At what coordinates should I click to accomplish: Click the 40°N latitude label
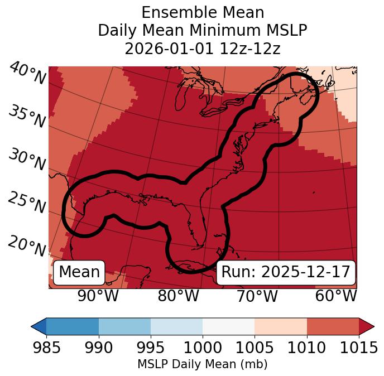pyautogui.click(x=27, y=74)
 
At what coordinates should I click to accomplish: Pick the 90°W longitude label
pyautogui.click(x=98, y=296)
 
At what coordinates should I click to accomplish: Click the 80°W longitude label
pyautogui.click(x=178, y=296)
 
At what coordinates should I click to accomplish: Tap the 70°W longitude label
pyautogui.click(x=257, y=296)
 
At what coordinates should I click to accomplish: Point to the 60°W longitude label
pyautogui.click(x=335, y=296)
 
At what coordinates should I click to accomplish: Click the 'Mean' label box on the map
pyautogui.click(x=79, y=272)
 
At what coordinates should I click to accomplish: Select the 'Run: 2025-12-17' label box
pyautogui.click(x=286, y=272)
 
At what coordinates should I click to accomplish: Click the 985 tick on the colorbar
pyautogui.click(x=46, y=348)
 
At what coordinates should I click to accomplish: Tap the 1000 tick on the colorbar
pyautogui.click(x=203, y=348)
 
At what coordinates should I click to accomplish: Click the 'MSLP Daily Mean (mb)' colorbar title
pyautogui.click(x=202, y=364)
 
